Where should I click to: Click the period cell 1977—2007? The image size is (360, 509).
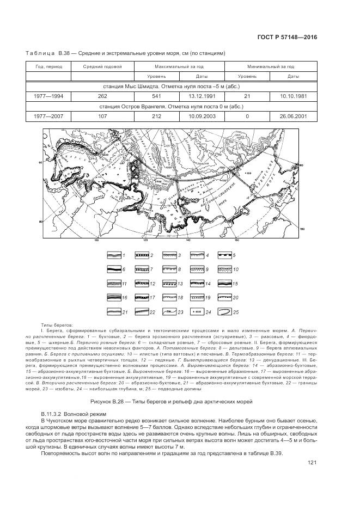tap(48, 116)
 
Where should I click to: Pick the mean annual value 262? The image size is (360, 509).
tap(102, 96)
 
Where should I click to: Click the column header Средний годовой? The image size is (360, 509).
tap(102, 66)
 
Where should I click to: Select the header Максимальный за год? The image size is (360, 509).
tap(176, 66)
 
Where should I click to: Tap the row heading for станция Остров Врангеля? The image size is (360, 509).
tap(172, 106)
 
